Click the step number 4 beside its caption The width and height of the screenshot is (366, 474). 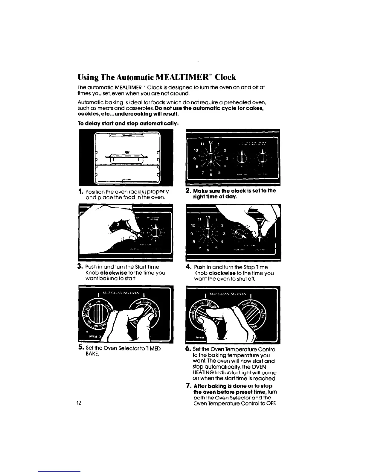[189, 267]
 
